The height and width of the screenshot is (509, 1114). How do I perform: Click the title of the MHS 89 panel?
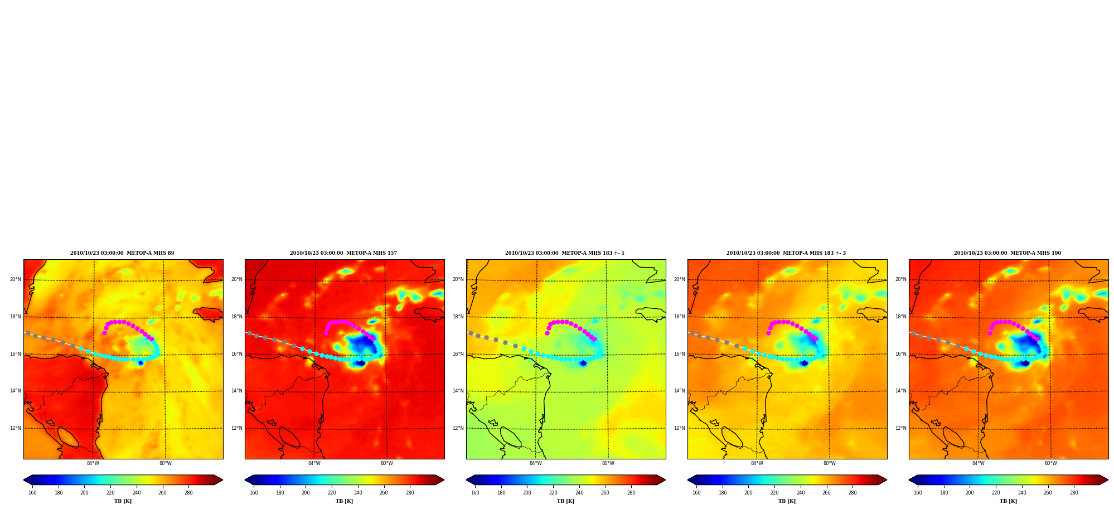coord(122,253)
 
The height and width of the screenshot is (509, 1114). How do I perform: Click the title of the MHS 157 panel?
coord(343,253)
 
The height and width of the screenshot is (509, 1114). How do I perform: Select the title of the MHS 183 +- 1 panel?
coord(565,253)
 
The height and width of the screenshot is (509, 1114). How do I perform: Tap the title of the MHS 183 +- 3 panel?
coord(786,253)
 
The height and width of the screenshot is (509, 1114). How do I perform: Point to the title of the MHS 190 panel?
coord(1008,253)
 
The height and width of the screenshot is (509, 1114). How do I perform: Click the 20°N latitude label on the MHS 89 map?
coord(16,279)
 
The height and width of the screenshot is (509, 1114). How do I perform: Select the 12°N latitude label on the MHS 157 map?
coord(237,428)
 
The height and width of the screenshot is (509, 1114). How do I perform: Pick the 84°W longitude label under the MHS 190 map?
coord(978,463)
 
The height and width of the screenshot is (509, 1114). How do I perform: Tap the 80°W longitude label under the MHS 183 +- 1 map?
coord(608,463)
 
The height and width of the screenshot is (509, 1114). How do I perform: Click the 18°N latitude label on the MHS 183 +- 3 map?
coord(680,317)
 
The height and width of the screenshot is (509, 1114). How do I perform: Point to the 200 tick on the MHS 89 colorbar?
coord(84,492)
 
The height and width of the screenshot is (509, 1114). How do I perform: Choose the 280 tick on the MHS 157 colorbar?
coord(410,492)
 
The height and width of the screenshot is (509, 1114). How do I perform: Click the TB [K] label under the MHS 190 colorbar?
coord(1008,501)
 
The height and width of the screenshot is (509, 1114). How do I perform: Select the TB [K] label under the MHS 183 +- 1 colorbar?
coord(565,501)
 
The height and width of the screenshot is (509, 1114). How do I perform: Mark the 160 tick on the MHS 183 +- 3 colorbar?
coord(696,492)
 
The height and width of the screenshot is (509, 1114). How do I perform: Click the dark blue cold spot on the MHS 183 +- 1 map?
coord(583,363)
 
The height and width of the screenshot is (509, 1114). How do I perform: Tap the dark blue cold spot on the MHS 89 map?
coord(141,363)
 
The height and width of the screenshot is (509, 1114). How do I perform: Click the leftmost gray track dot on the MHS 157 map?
coord(249,333)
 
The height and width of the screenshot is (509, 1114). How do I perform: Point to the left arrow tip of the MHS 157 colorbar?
coord(245,480)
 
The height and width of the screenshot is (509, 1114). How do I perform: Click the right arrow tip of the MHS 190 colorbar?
coord(1108,480)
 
